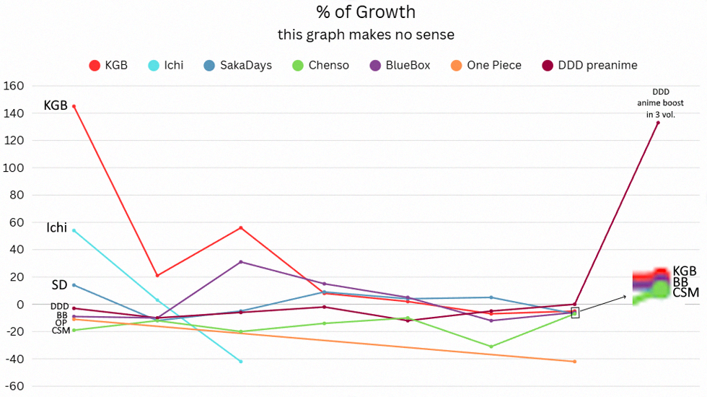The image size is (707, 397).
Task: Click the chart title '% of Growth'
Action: coord(366,12)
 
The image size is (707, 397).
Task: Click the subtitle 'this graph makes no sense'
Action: coord(366,35)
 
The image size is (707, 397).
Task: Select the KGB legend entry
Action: coord(108,66)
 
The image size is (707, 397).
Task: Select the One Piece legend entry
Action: coord(486,66)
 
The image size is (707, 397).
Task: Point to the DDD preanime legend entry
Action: coord(589,66)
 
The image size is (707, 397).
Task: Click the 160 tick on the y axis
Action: coord(14,86)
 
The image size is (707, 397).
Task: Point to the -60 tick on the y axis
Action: coord(14,386)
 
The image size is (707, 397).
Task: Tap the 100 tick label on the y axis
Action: coord(14,167)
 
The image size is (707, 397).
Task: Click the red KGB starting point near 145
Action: coord(74,106)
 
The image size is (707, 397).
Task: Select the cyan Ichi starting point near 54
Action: coord(74,230)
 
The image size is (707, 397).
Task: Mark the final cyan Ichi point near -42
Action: coord(241,362)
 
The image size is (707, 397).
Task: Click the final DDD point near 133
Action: coord(658,123)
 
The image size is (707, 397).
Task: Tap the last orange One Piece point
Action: coord(575,362)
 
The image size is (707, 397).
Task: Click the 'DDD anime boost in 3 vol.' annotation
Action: coord(659,102)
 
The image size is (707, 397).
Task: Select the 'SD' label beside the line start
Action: coord(59,285)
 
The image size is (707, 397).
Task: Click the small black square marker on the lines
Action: coord(575,313)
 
